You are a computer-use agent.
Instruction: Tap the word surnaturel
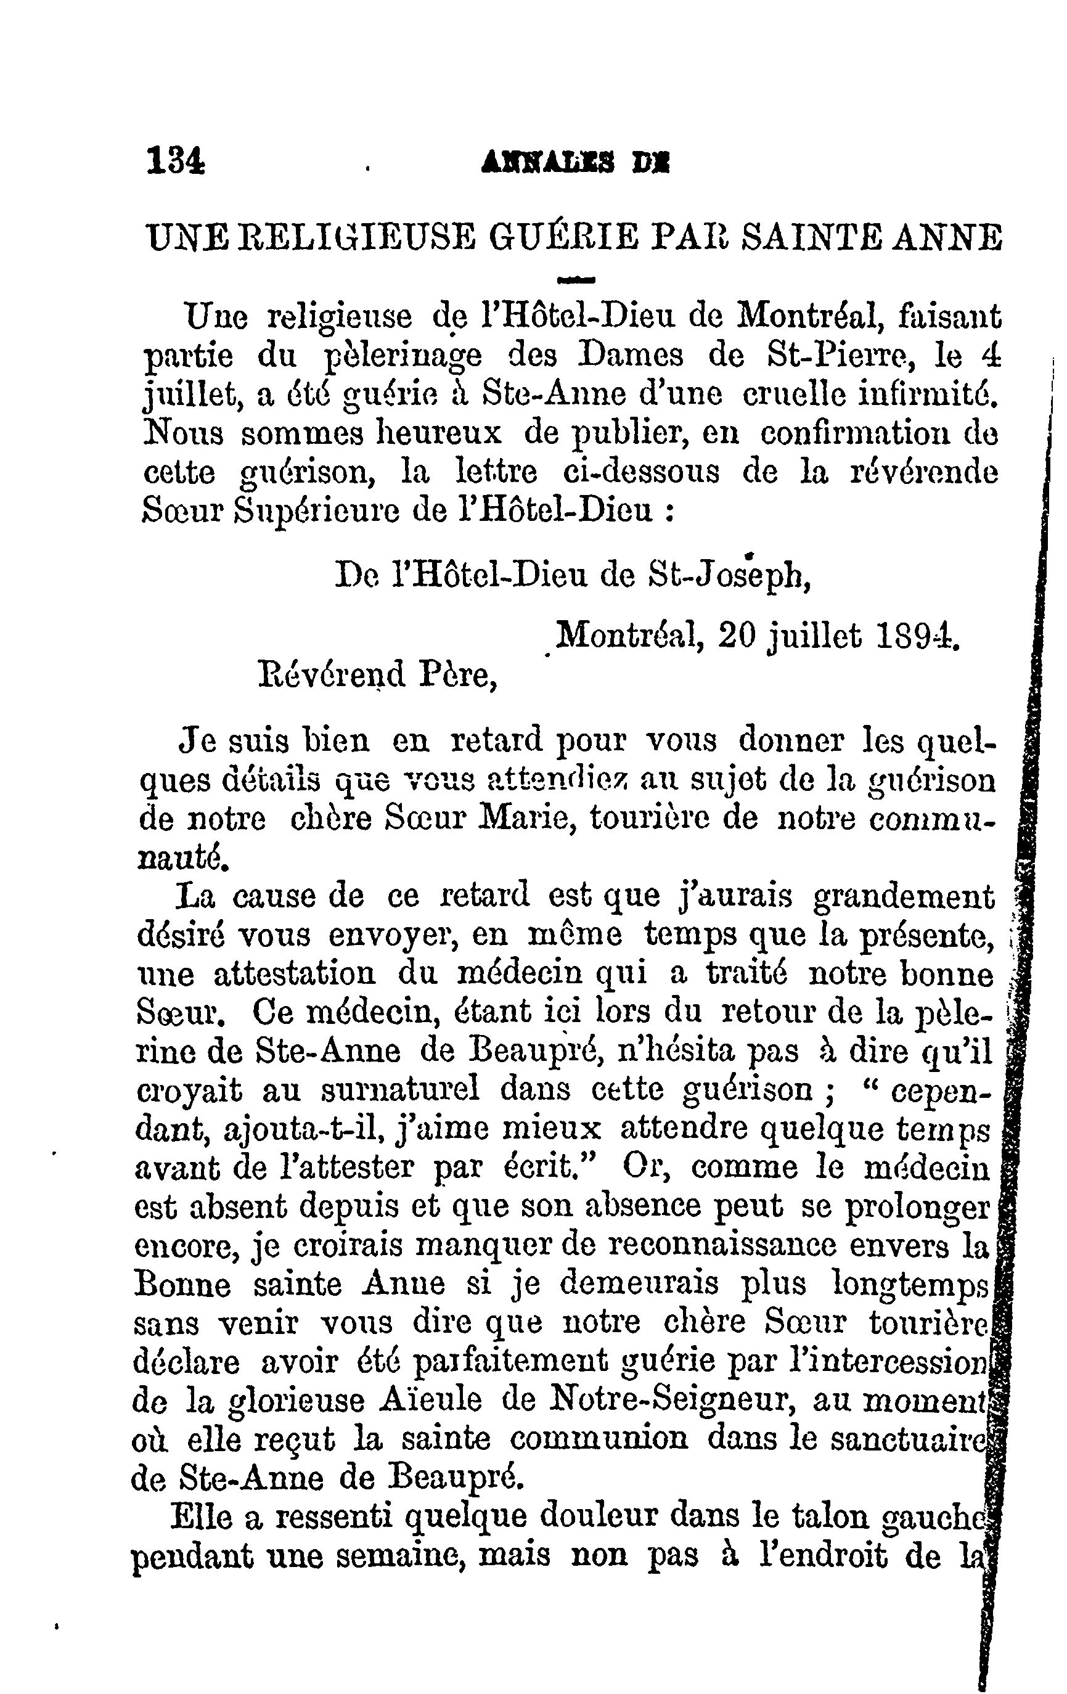point(400,1089)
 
